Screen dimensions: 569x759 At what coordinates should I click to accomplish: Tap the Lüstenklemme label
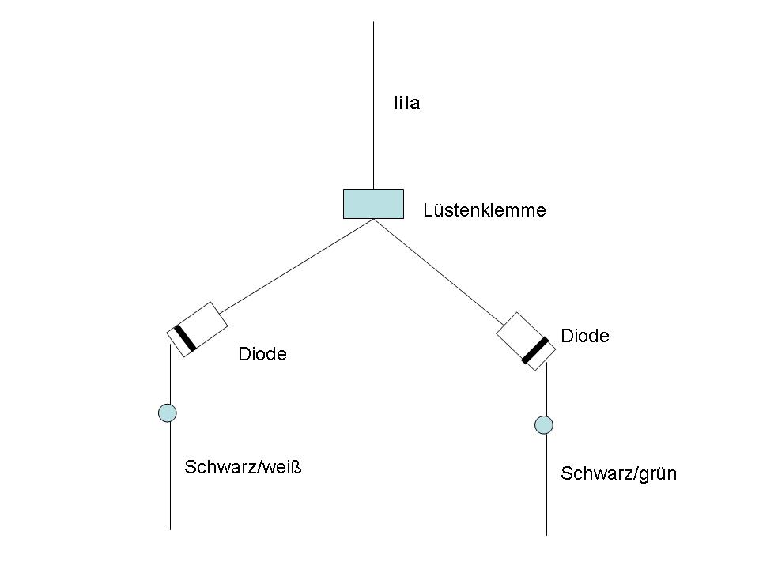point(485,210)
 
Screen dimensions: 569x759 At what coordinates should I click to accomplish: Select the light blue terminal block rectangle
point(373,203)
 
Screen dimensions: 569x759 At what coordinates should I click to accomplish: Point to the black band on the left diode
point(185,337)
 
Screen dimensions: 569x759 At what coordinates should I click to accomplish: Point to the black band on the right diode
point(535,350)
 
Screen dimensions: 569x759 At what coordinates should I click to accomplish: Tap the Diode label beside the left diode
point(262,355)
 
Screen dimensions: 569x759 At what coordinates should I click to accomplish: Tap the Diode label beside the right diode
point(585,336)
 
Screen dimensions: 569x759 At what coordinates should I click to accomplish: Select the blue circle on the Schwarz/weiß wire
point(168,412)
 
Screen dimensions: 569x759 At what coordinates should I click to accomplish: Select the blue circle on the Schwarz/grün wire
point(544,425)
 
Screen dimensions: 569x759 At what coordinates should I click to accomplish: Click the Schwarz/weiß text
point(244,467)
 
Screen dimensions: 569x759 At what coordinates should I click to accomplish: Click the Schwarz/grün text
point(619,474)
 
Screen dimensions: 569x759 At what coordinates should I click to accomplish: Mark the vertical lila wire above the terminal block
point(373,103)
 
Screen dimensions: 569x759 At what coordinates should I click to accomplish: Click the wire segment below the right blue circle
point(546,490)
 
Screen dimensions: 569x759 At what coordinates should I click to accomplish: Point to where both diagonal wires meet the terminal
point(373,220)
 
